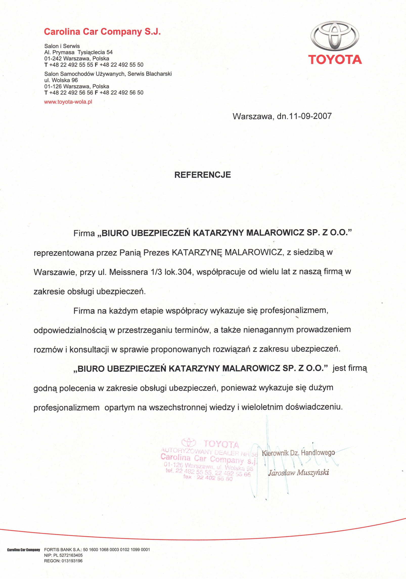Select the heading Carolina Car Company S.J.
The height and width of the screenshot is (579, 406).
[x=102, y=32]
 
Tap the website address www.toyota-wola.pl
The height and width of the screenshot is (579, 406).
[x=68, y=102]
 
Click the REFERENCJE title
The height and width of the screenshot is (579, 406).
[x=202, y=175]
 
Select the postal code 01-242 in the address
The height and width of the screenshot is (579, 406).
[x=53, y=58]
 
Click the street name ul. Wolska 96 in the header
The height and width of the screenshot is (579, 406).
[x=61, y=80]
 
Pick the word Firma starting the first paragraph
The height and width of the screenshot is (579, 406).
[x=84, y=233]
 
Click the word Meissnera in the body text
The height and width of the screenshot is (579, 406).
[x=129, y=272]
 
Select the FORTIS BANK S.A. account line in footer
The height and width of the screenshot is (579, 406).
[x=97, y=550]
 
